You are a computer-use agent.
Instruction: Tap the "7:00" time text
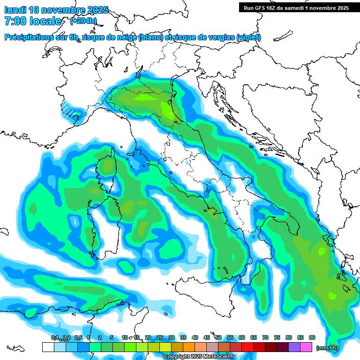coord(15,21)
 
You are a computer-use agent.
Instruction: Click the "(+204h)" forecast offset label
coord(83,21)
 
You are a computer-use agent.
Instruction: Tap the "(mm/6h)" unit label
coord(327,348)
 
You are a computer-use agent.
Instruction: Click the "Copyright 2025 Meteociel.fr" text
coord(199,357)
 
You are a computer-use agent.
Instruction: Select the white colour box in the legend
coord(48,347)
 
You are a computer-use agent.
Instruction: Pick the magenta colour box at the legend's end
coord(306,347)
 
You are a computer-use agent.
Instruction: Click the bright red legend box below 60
coord(247,347)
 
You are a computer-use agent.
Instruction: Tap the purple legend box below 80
coord(294,347)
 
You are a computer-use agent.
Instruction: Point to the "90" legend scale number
coord(312,337)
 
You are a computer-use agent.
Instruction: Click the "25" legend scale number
coord(159,337)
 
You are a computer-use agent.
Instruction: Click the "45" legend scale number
coord(206,337)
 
